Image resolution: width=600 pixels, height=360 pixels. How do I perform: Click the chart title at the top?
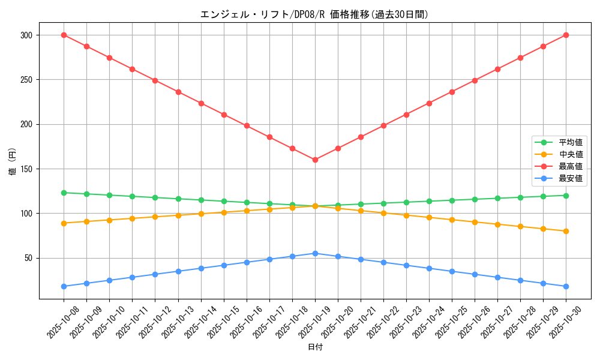pyautogui.click(x=314, y=14)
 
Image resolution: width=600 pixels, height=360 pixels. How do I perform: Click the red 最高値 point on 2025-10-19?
pyautogui.click(x=315, y=160)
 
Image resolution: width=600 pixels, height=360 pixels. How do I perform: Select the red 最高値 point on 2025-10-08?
pyautogui.click(x=64, y=35)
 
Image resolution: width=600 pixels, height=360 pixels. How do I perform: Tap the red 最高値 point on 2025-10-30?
pyautogui.click(x=566, y=35)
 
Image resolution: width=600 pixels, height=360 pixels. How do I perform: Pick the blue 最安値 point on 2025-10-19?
pyautogui.click(x=315, y=253)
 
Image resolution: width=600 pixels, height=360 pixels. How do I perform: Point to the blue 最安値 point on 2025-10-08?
pyautogui.click(x=64, y=286)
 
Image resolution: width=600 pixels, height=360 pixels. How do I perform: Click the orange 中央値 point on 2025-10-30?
pyautogui.click(x=566, y=231)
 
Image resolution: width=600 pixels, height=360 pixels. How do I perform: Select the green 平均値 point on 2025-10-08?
pyautogui.click(x=64, y=193)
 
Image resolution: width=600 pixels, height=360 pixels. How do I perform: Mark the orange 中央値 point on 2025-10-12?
pyautogui.click(x=155, y=217)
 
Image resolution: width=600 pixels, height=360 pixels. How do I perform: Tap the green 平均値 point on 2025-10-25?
pyautogui.click(x=452, y=200)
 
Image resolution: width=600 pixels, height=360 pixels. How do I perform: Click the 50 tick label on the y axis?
pyautogui.click(x=28, y=258)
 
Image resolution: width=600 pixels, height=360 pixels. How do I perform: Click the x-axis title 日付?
pyautogui.click(x=315, y=347)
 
